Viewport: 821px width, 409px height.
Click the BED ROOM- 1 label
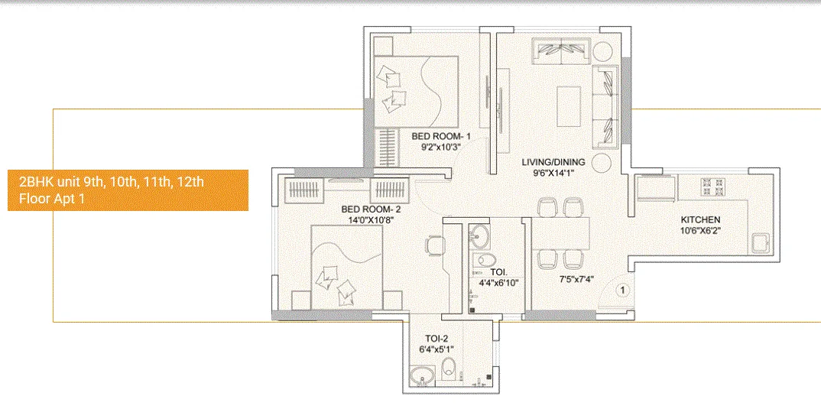coord(442,136)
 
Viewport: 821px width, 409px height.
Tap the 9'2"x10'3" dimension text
coord(442,148)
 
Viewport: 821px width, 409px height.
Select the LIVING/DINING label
coord(553,162)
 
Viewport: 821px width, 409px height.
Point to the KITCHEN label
coord(700,220)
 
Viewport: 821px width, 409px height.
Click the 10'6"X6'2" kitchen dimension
coord(700,231)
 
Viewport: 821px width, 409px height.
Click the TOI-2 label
coord(436,339)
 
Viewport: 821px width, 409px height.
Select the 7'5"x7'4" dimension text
coord(574,279)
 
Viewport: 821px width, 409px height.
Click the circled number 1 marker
coord(622,290)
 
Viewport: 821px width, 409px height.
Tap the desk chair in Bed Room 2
coord(435,246)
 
